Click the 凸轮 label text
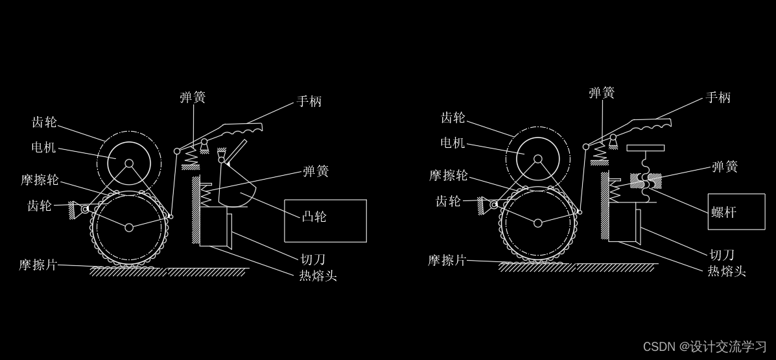click(314, 217)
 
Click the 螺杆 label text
click(723, 212)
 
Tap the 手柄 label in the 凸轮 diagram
click(309, 102)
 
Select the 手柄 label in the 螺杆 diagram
click(718, 98)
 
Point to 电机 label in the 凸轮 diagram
click(43, 148)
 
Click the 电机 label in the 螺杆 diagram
click(453, 143)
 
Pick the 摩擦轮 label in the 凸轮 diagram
click(40, 180)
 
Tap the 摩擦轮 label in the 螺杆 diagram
click(448, 176)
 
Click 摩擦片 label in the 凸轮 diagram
click(38, 265)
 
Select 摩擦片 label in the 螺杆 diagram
click(447, 261)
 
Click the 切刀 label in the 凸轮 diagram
click(312, 260)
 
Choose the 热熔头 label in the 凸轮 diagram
click(318, 276)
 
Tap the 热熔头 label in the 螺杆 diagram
click(726, 271)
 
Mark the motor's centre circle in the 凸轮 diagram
click(129, 163)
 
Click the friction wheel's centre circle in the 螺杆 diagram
click(538, 223)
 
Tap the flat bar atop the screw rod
click(645, 148)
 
